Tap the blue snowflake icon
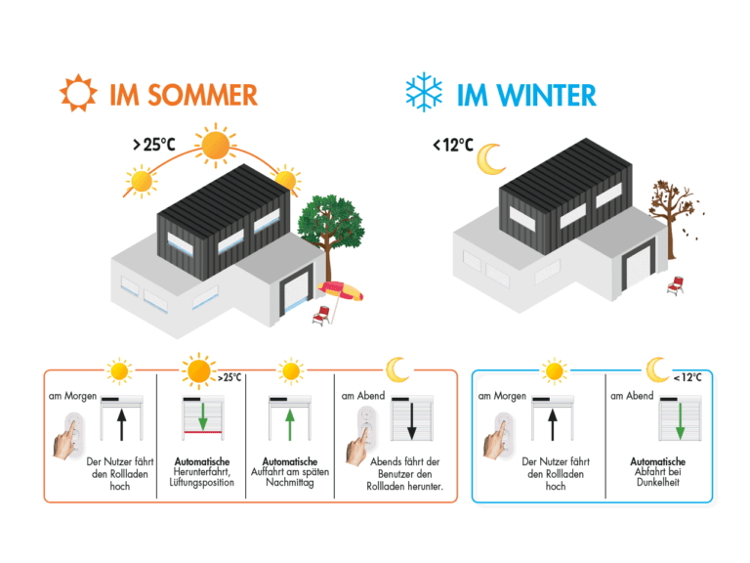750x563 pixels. click(x=425, y=94)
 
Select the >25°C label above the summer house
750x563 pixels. click(x=153, y=145)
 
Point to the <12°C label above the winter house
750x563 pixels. click(x=453, y=146)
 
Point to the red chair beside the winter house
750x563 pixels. click(x=675, y=284)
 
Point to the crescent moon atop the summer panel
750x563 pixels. click(x=396, y=369)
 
